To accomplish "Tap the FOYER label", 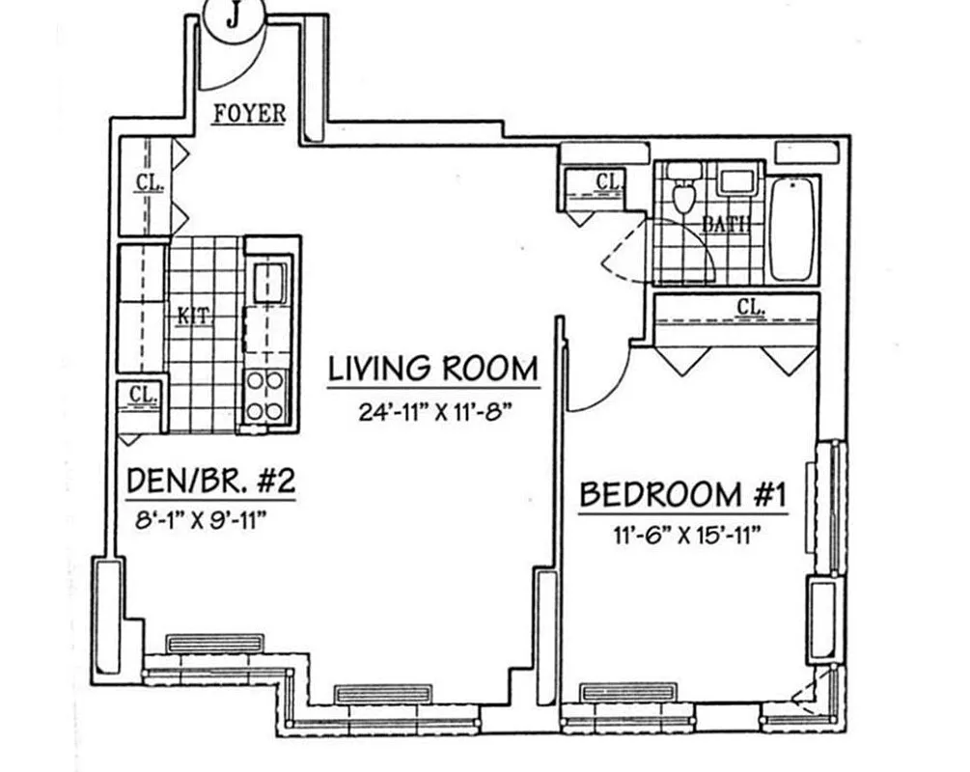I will coord(249,114).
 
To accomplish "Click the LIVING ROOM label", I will coord(432,369).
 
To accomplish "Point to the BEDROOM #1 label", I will coord(683,495).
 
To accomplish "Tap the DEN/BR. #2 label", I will coord(211,481).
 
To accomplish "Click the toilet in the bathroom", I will coord(684,193).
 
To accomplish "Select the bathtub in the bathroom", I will coord(793,228).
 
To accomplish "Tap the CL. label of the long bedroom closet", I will coord(751,308).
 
